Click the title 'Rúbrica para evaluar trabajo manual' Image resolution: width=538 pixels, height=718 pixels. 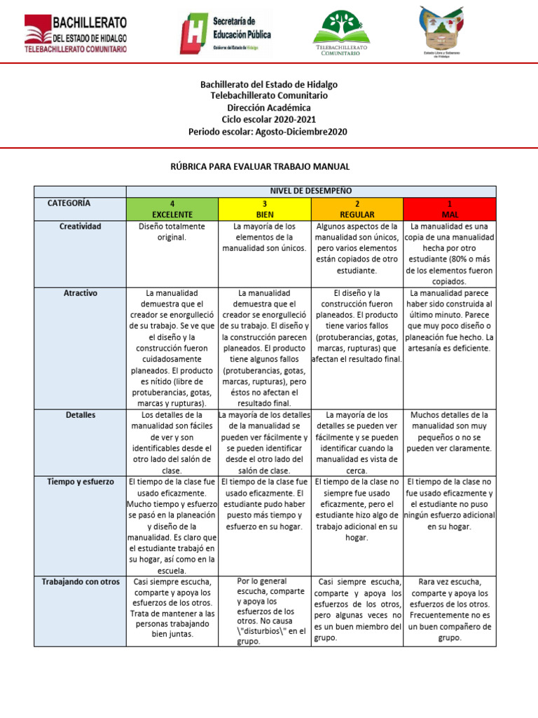269,166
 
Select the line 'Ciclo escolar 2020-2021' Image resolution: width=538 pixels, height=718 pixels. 269,120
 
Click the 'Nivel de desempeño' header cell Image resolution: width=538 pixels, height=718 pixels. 310,191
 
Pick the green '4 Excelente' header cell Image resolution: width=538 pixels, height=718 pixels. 172,208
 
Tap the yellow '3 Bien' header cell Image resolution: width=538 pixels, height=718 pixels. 264,208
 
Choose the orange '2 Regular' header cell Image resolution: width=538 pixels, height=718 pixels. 357,208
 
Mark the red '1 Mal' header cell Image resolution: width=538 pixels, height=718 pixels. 449,208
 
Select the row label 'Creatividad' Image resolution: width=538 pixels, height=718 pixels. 79,226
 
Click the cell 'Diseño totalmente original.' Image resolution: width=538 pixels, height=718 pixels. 172,232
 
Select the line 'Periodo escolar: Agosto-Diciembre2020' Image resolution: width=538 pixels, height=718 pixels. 269,132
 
